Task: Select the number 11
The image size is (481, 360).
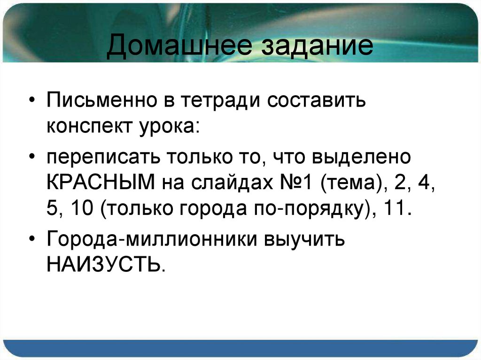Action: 398,208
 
